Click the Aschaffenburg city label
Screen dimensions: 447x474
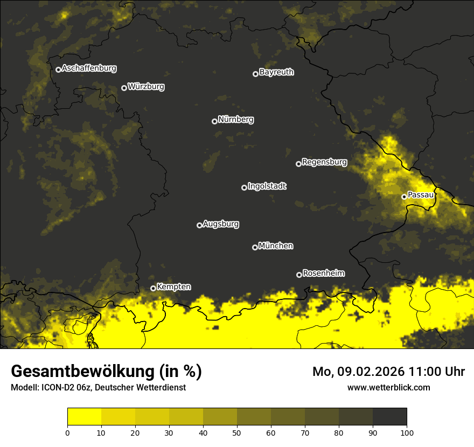pyautogui.click(x=89, y=68)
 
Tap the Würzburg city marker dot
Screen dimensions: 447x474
pyautogui.click(x=124, y=88)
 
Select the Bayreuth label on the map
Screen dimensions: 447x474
pyautogui.click(x=276, y=72)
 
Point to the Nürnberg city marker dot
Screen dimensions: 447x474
pyautogui.click(x=214, y=121)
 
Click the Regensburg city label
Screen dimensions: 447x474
pyautogui.click(x=324, y=162)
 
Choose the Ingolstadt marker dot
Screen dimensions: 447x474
pyautogui.click(x=244, y=187)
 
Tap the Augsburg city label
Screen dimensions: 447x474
pyautogui.click(x=221, y=224)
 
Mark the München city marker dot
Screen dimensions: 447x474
pyautogui.click(x=255, y=247)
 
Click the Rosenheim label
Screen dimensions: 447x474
pyautogui.click(x=323, y=274)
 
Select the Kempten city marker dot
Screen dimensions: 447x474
pyautogui.click(x=153, y=288)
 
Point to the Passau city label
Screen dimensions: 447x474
pyautogui.click(x=421, y=195)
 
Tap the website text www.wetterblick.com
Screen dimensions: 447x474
pyautogui.click(x=388, y=388)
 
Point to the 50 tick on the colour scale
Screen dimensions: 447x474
pyautogui.click(x=237, y=432)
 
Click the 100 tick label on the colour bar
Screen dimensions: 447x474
pyautogui.click(x=406, y=432)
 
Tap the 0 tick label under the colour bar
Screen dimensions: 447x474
pyautogui.click(x=67, y=432)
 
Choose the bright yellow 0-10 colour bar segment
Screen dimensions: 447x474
pyautogui.click(x=84, y=417)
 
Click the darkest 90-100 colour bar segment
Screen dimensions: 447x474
pyautogui.click(x=389, y=417)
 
